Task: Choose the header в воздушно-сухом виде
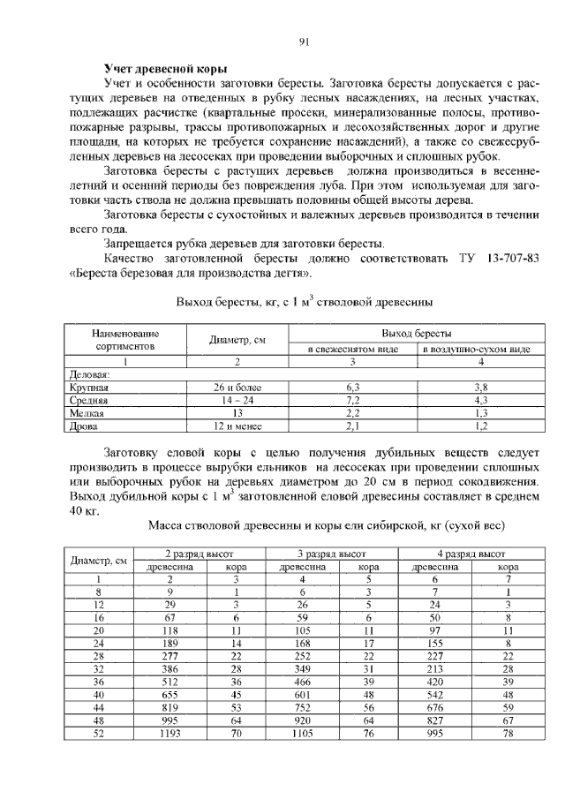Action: tap(478, 350)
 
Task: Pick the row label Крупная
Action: tap(89, 387)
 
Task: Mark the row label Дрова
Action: tap(84, 425)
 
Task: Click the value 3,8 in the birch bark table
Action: tap(478, 387)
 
